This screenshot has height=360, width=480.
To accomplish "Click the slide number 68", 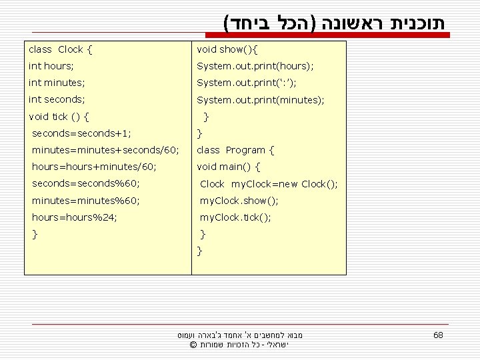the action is tap(438, 335).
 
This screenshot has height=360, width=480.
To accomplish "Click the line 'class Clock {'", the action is tap(60, 49).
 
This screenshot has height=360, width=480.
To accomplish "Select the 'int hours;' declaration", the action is tap(51, 66).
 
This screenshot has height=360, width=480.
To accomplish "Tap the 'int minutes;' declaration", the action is tap(56, 83).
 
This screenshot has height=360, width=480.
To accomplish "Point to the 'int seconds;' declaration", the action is tap(57, 99).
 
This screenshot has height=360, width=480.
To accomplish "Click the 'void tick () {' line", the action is tap(59, 117).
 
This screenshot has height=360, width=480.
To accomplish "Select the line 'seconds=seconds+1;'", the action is tap(81, 133).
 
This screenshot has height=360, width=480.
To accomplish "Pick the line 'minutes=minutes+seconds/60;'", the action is tap(105, 150).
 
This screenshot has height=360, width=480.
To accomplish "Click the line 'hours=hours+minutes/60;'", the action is tap(94, 167).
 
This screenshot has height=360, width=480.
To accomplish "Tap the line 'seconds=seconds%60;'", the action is tap(85, 183).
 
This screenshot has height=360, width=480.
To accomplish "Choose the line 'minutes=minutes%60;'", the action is tap(86, 201).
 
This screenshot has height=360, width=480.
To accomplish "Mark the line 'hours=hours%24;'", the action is tap(75, 217).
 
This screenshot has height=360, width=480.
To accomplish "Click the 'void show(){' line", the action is tap(227, 49).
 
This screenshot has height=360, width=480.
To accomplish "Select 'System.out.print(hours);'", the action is tap(255, 66).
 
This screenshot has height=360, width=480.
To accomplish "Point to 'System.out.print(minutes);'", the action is tap(261, 99).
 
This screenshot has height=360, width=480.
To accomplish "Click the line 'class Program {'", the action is tap(235, 150).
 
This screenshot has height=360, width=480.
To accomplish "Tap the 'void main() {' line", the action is tap(229, 167).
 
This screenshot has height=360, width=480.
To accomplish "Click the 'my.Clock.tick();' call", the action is tap(236, 217).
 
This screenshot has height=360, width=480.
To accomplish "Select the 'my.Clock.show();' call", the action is tap(239, 201).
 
